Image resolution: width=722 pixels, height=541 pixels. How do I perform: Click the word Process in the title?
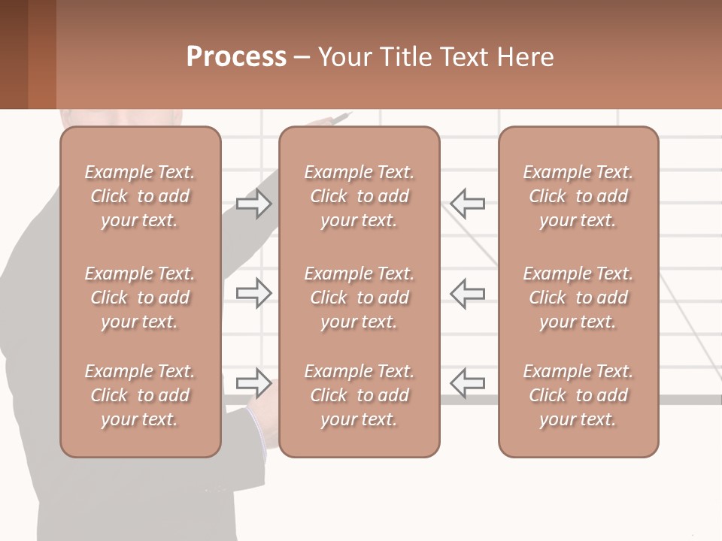point(236,57)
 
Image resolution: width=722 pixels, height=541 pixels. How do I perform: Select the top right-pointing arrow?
point(254,204)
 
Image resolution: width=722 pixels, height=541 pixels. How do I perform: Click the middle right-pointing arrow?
point(254,293)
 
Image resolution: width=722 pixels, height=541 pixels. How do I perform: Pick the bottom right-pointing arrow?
point(254,382)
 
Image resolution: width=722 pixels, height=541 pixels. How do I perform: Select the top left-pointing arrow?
point(468,204)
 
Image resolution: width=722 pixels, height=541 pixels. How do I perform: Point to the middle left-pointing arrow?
point(468,293)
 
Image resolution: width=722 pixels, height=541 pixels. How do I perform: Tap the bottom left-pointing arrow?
point(468,382)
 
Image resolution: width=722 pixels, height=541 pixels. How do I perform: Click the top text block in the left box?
point(140,196)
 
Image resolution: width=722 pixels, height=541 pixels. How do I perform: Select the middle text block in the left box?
point(140,298)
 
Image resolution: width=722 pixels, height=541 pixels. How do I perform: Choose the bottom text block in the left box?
point(140,395)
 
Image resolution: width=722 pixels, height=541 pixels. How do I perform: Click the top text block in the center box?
point(359,196)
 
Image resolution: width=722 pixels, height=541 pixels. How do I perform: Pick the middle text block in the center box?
point(359,298)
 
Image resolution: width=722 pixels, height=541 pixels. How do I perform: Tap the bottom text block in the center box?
point(359,395)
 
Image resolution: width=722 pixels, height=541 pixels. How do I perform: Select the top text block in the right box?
point(578,196)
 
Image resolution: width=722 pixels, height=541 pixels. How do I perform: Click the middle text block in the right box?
point(578,298)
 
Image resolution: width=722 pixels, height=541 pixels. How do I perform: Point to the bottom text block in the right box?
point(578,395)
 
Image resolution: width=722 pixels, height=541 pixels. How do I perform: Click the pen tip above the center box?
point(348,114)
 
